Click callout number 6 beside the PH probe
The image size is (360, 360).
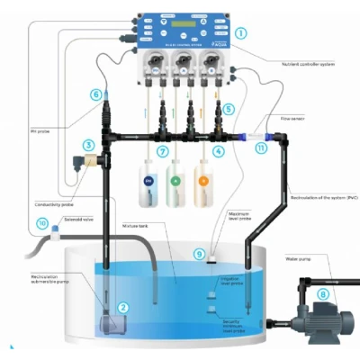pyautogui.click(x=95, y=94)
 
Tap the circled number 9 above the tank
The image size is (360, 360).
pyautogui.click(x=200, y=256)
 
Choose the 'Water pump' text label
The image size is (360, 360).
pyautogui.click(x=301, y=259)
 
